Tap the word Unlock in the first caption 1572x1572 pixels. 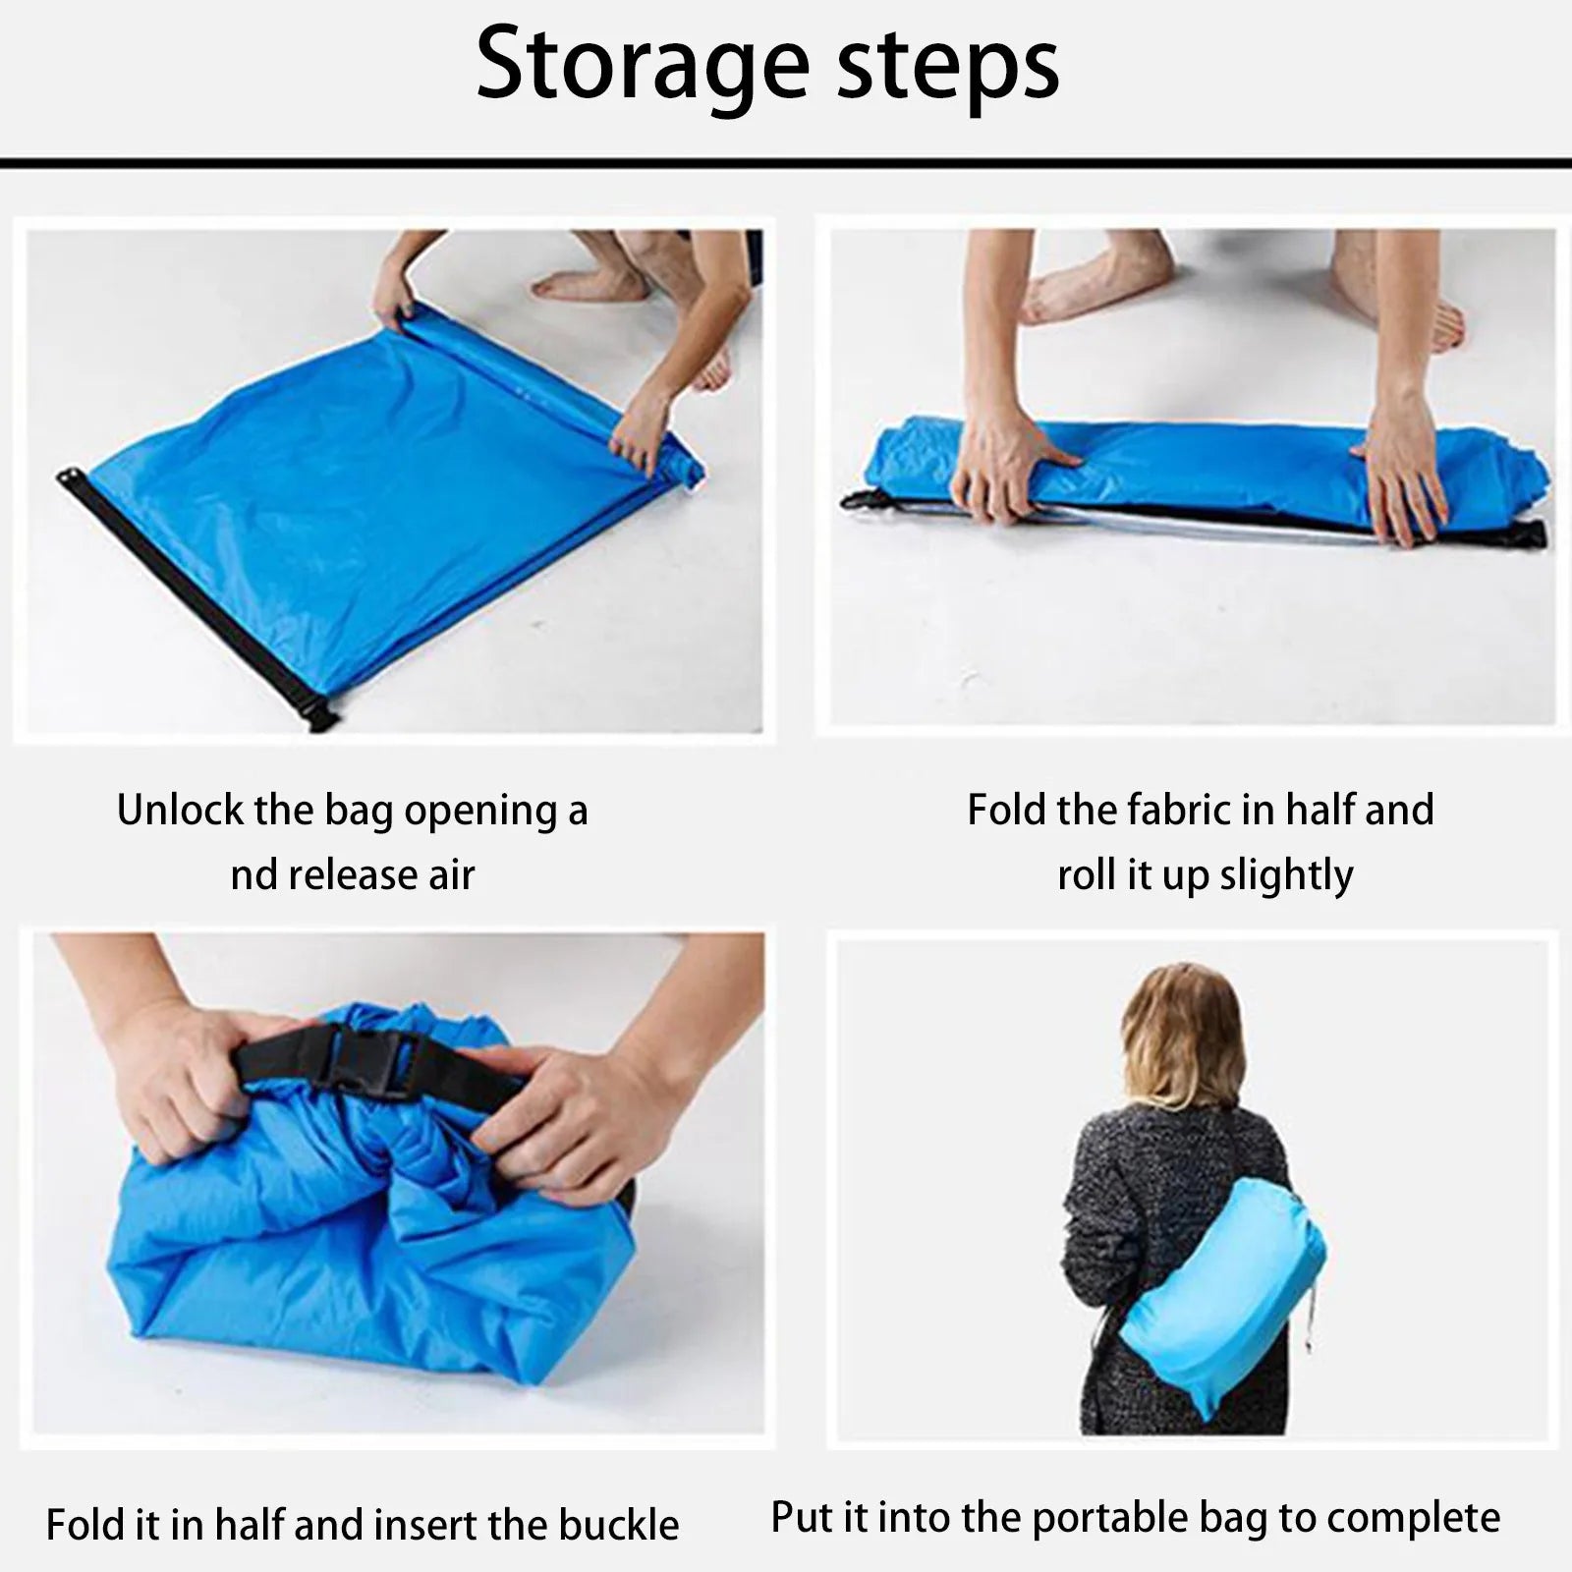point(180,810)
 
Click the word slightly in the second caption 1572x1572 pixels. point(1286,874)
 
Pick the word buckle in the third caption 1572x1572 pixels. point(619,1525)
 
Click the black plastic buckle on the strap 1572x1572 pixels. point(371,1061)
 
